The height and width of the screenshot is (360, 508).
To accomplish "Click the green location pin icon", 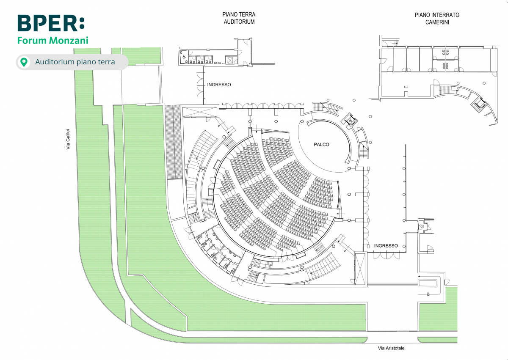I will point(25,62).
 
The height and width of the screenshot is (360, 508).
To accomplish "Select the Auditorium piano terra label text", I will point(75,62).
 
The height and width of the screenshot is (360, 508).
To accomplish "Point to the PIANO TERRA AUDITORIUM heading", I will point(239,18).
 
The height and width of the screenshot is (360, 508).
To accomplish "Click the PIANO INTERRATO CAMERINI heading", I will point(437,18).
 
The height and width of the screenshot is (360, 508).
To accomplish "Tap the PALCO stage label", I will point(321,145).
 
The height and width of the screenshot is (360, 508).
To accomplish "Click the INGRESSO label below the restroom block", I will point(219,85).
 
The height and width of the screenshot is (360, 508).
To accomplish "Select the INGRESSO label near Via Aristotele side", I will point(386,246).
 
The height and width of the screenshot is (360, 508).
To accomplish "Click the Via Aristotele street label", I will point(391,348).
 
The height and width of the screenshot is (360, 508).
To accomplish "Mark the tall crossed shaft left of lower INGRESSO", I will point(360,269).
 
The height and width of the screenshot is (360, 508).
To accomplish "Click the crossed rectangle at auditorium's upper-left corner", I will point(199,111).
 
